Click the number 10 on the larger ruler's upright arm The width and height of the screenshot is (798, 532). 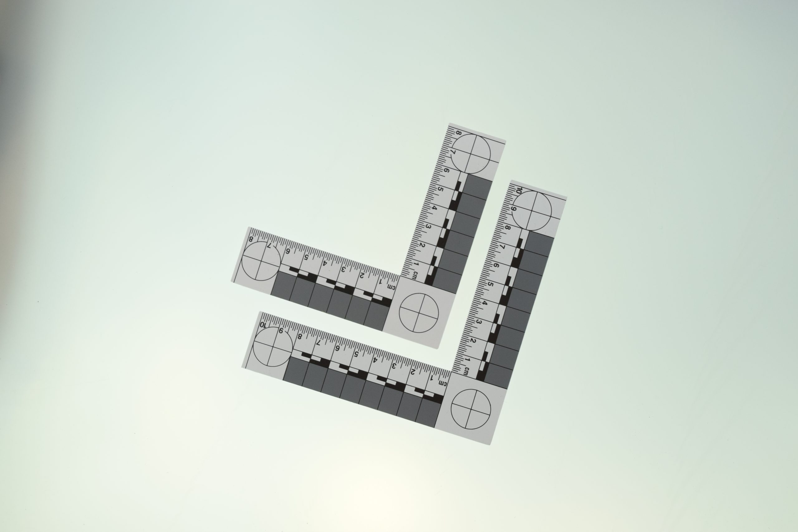click(x=518, y=191)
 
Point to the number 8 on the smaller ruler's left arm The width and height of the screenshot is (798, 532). click(x=251, y=239)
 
